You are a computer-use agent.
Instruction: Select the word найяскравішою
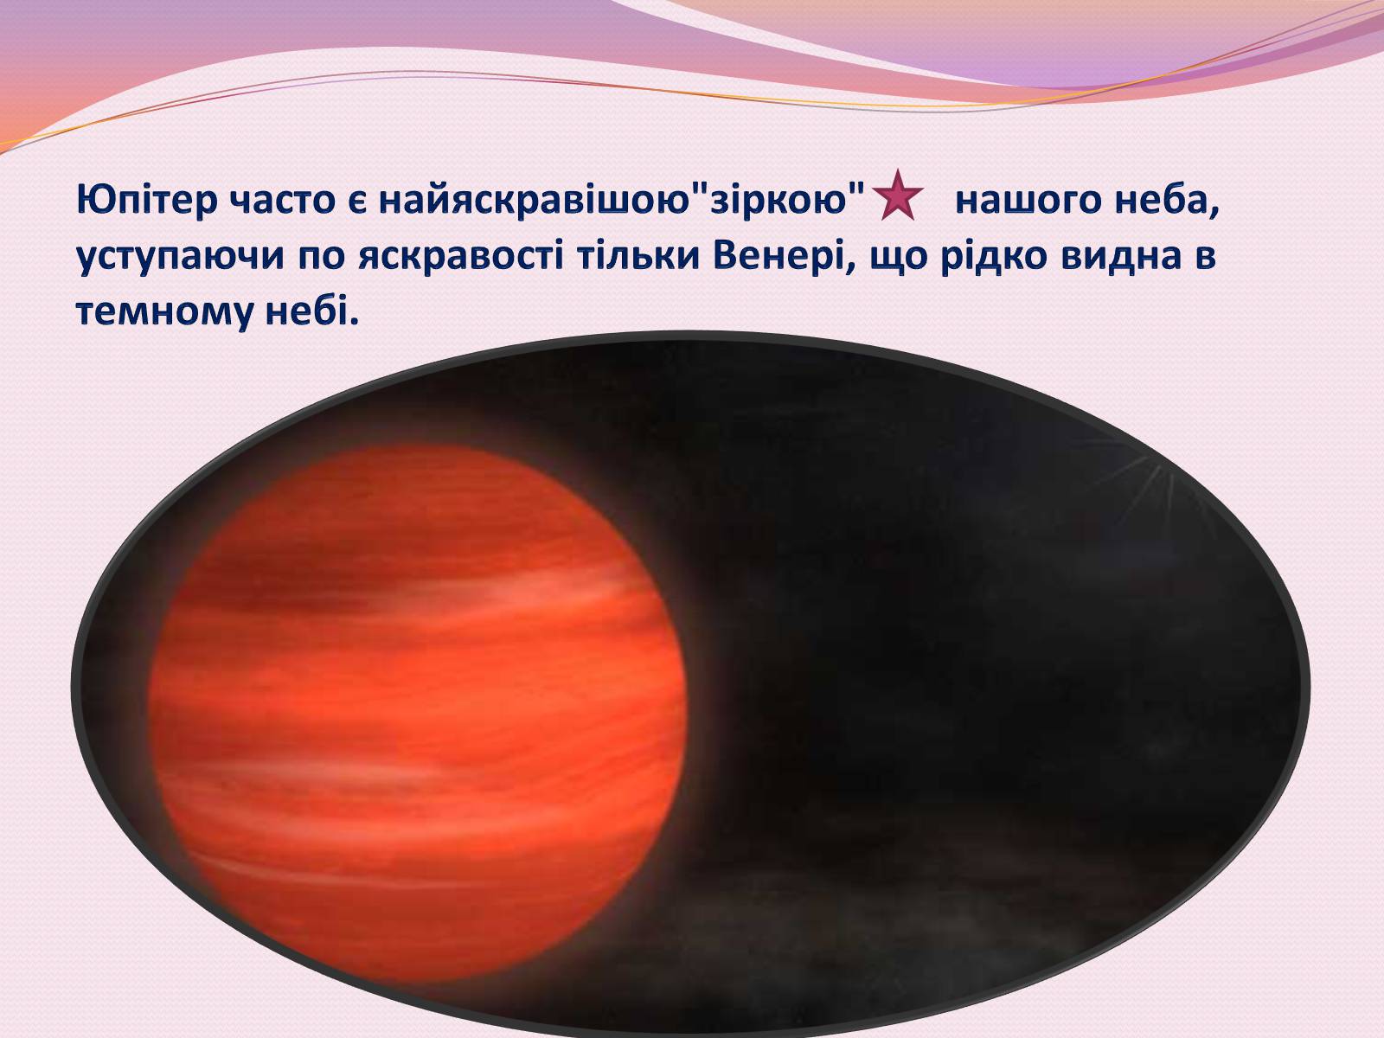point(531,200)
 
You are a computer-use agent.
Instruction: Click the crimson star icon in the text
point(897,195)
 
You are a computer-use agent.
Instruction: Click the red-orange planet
point(418,713)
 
